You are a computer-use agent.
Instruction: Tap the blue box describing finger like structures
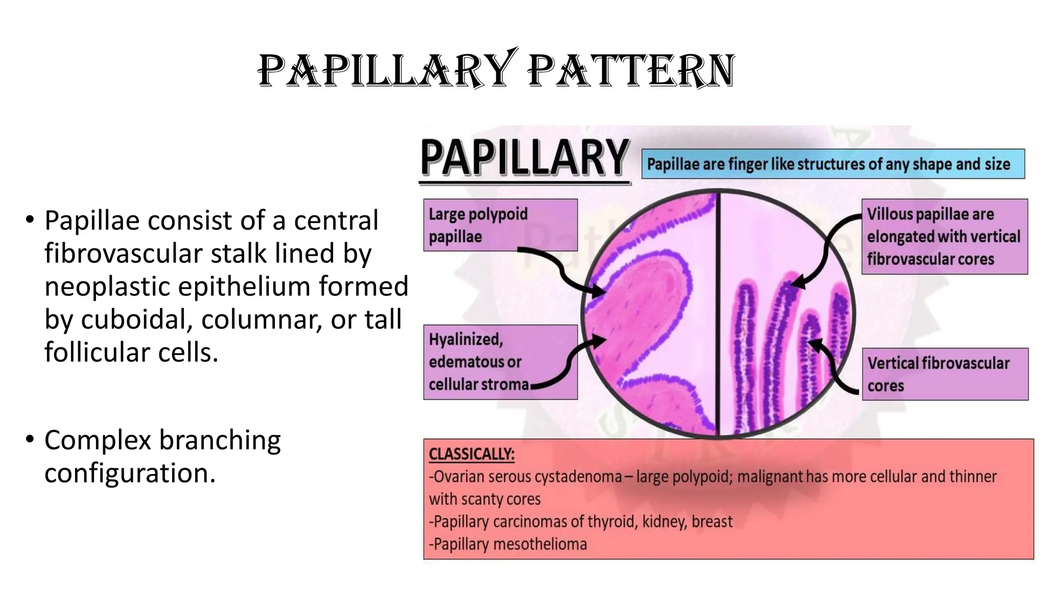(x=833, y=164)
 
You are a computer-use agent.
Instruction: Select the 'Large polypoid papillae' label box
(x=500, y=225)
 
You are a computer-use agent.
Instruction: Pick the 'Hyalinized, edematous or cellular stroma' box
(x=500, y=362)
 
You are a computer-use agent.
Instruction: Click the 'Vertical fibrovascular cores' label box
(x=944, y=374)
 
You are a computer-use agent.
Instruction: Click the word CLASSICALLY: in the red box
(x=471, y=454)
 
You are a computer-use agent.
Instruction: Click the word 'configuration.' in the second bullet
(x=130, y=473)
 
